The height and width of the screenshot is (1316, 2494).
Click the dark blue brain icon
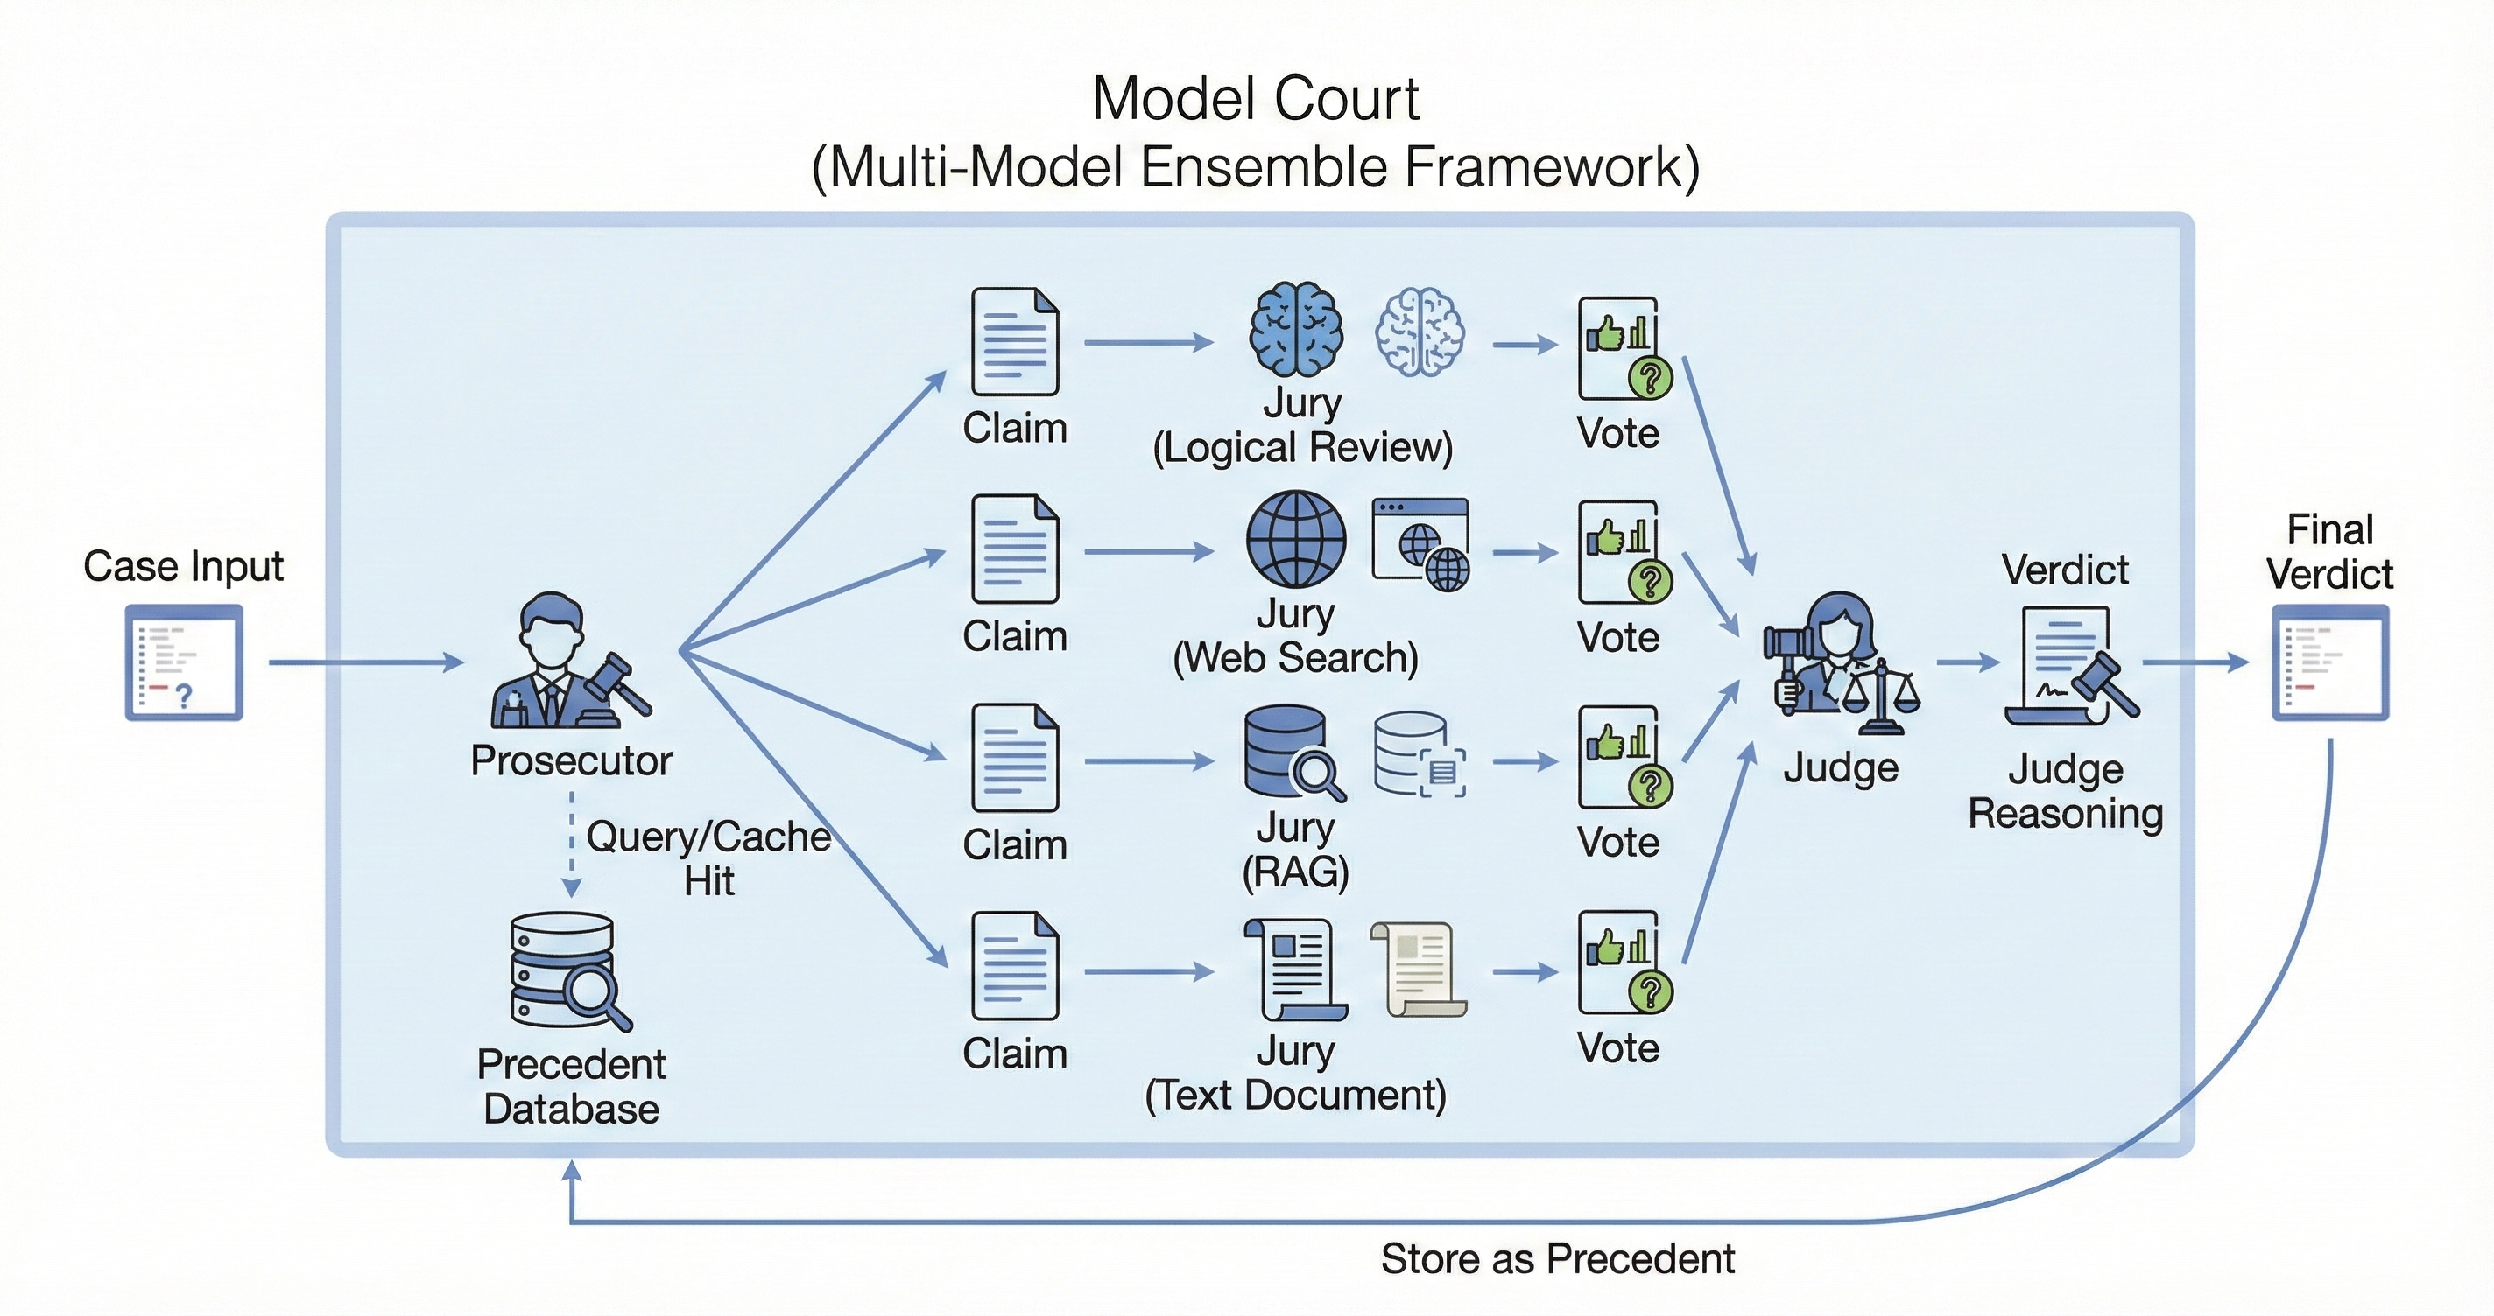coord(1294,329)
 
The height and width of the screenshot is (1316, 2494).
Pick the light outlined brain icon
coord(1420,332)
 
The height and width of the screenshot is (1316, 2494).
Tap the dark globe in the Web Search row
coord(1294,539)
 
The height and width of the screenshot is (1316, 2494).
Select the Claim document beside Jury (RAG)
coord(1015,758)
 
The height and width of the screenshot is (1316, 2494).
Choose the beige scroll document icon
coord(1419,969)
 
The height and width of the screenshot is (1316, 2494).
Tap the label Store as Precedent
coord(1557,1259)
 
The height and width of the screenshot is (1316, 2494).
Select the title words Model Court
coord(1255,99)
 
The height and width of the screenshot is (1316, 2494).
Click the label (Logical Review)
coord(1302,447)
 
